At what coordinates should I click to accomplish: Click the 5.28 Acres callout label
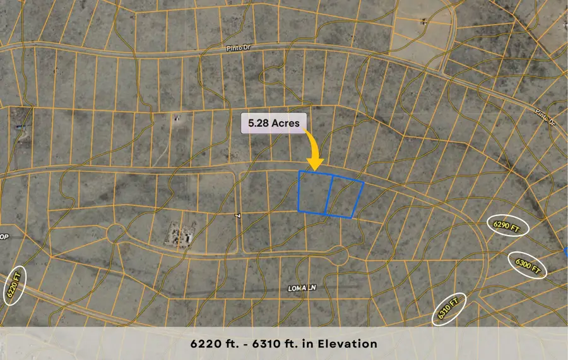(273, 124)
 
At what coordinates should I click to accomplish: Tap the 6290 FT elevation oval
(510, 226)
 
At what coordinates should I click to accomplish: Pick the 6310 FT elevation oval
(449, 308)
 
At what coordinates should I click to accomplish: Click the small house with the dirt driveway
(178, 118)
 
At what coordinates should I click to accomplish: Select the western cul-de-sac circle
(116, 233)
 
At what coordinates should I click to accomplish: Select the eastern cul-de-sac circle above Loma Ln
(340, 256)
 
